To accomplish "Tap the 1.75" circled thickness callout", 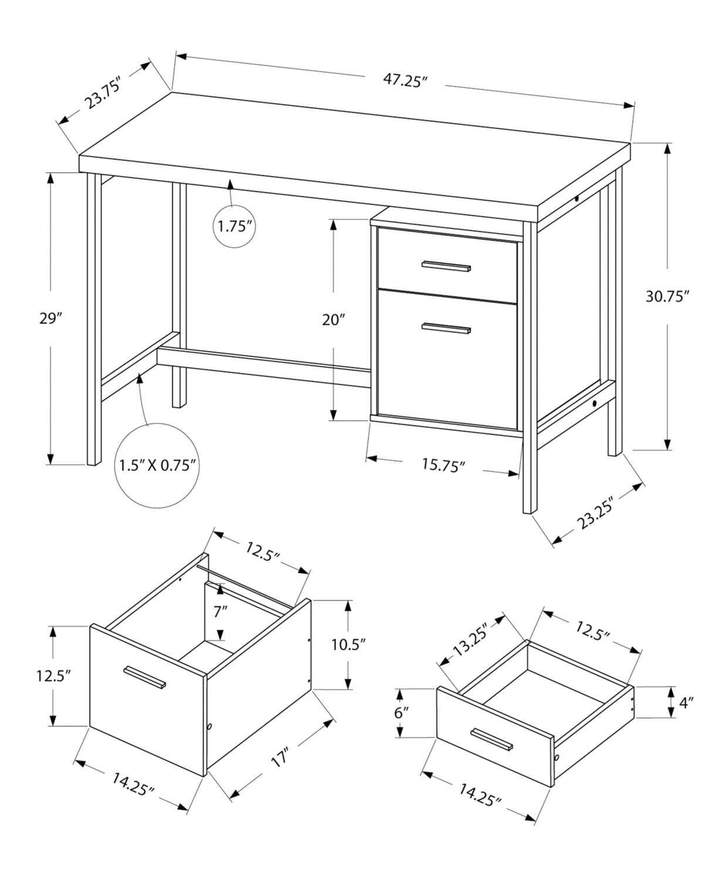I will (234, 226).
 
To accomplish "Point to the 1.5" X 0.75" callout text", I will (157, 466).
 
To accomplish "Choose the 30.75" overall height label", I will (666, 297).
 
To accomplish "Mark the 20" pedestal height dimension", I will (333, 320).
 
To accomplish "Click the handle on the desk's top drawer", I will (446, 266).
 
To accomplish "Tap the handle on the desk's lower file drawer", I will (446, 329).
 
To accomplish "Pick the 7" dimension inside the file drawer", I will (220, 612).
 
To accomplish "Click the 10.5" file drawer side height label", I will (348, 644).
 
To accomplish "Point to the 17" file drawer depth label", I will (280, 757).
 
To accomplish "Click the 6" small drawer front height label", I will (401, 713).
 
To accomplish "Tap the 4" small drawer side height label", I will (686, 702).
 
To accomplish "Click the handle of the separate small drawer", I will (492, 739).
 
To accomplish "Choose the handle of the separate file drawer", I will (145, 677).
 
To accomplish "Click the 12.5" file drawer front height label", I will (53, 675).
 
